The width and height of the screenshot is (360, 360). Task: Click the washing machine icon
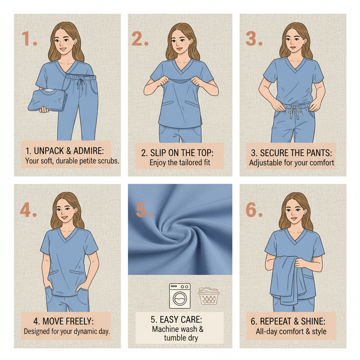pos(180,296)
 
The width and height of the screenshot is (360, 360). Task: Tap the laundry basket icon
pos(208,296)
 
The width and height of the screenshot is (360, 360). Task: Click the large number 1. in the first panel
pos(29,39)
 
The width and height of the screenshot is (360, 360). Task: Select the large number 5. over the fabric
pos(144,210)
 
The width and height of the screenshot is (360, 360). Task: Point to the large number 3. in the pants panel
pos(254,39)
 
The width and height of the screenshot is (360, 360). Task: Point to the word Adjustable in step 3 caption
pos(265,163)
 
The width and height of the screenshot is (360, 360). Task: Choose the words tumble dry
pos(181,338)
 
